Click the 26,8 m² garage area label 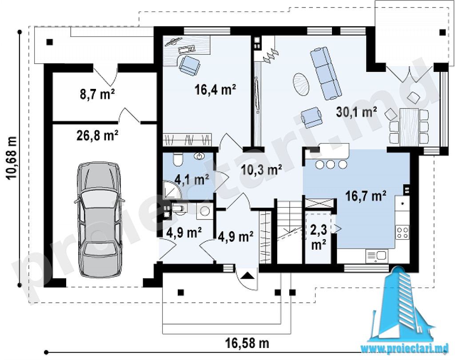pos(97,136)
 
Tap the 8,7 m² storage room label pos(97,94)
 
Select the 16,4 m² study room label pos(215,90)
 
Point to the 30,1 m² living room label pos(357,112)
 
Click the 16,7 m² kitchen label pos(366,196)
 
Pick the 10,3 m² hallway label pos(262,170)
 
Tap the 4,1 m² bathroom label pos(192,180)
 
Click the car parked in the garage pos(99,219)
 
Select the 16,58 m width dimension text pos(247,344)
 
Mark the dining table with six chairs pos(409,126)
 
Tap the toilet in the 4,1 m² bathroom pos(177,159)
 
